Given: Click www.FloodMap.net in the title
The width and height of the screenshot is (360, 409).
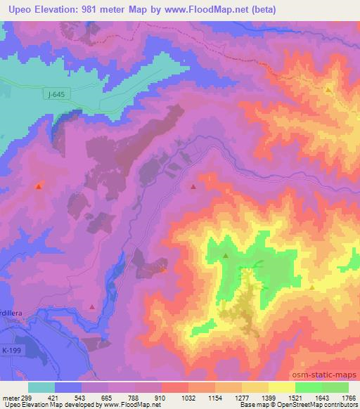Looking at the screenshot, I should click(x=207, y=9).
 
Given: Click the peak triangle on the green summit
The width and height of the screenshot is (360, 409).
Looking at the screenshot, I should click(x=226, y=257).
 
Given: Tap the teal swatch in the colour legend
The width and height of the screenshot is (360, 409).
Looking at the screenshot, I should click(x=41, y=387).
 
